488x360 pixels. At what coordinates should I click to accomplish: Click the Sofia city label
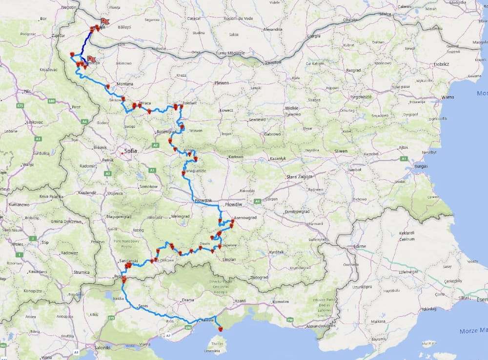coord(130,151)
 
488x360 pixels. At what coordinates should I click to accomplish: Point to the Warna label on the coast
coord(447,97)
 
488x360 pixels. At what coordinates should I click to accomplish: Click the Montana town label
coord(125,84)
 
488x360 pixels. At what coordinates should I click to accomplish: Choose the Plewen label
coord(222,83)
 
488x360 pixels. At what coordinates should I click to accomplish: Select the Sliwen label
coord(341,151)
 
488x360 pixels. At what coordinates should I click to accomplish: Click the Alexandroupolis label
coord(320,325)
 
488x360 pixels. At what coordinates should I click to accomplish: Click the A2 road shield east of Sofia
coord(155,145)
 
